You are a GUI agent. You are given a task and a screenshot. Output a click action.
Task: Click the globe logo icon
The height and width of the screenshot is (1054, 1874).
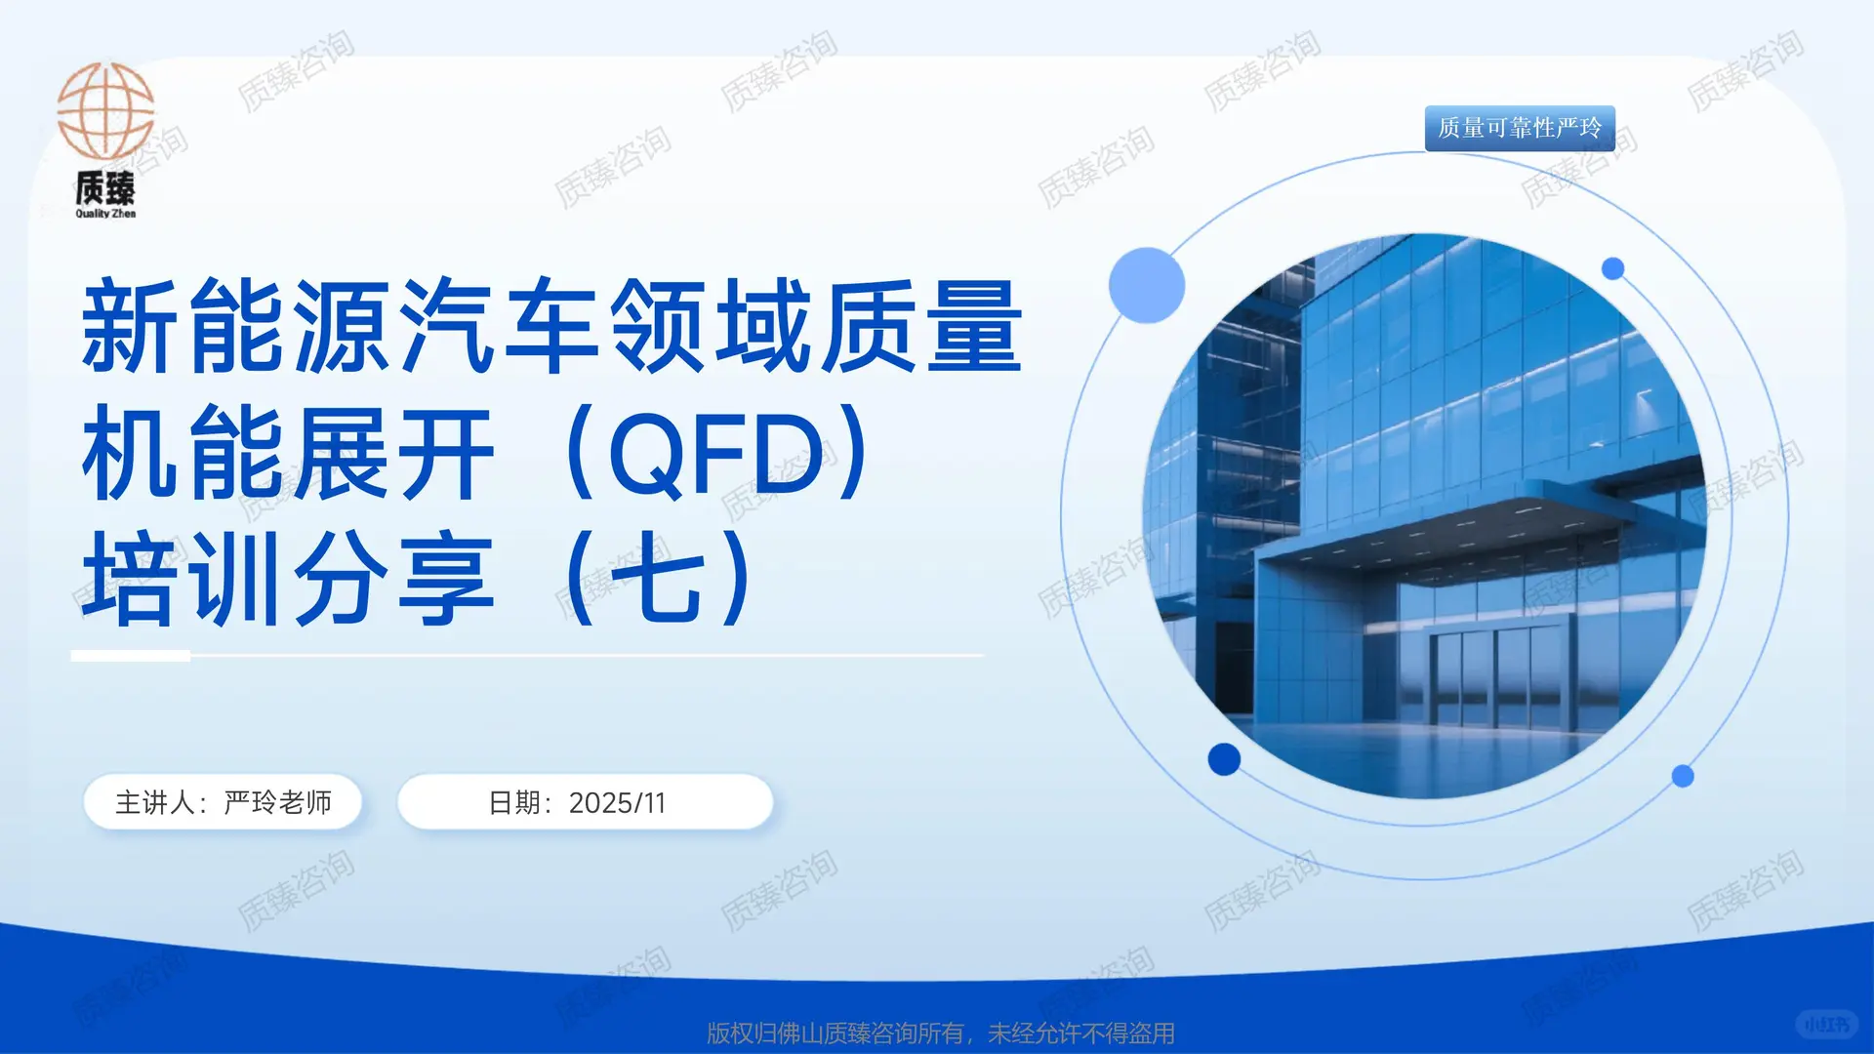point(105,111)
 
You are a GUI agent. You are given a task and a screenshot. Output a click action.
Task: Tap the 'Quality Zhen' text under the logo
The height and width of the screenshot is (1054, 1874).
point(105,214)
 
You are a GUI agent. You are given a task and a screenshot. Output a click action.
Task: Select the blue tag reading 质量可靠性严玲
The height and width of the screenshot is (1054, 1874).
point(1519,128)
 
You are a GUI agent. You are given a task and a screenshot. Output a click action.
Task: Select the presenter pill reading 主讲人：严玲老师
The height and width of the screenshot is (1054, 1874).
point(224,802)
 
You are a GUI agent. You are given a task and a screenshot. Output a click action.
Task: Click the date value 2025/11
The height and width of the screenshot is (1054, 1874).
point(617,803)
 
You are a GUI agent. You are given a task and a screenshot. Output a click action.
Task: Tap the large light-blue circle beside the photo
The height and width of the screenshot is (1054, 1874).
point(1146,285)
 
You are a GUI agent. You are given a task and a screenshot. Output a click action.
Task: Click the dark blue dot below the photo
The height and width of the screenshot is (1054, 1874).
point(1224,758)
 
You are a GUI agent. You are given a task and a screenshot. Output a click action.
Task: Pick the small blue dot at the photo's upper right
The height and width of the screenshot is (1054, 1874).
point(1612,268)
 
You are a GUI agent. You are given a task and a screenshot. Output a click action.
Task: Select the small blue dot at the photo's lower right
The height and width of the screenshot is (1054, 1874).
point(1683,776)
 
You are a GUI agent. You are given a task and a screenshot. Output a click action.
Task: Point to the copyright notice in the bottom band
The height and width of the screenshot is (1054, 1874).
point(940,1033)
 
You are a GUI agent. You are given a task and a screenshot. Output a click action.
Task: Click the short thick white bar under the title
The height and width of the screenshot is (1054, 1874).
point(131,656)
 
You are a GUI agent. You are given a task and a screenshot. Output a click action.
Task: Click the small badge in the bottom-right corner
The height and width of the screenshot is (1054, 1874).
point(1826,1024)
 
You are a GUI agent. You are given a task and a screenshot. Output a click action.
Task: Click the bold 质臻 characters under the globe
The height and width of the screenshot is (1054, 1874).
point(105,187)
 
